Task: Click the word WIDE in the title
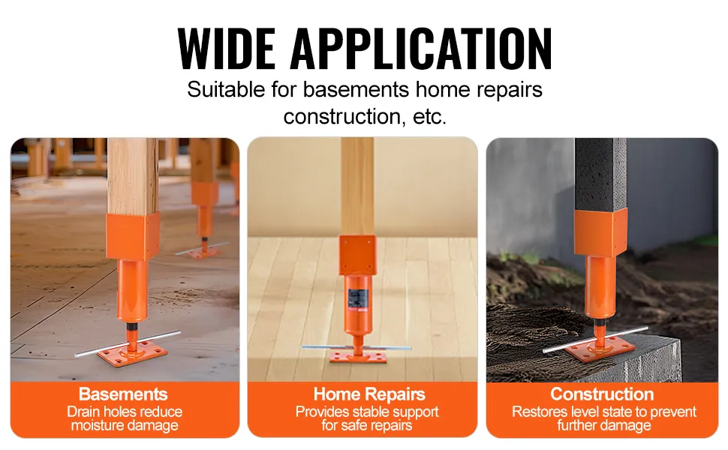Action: [227, 49]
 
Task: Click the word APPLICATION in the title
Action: [422, 49]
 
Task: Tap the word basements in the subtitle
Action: [356, 89]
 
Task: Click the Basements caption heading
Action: [123, 394]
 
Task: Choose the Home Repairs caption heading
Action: [369, 394]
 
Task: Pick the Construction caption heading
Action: [602, 394]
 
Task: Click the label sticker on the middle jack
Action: [359, 296]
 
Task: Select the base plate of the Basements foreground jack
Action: [132, 356]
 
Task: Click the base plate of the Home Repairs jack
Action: [358, 356]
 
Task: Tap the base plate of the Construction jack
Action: [600, 348]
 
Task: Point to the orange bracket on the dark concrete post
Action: [600, 232]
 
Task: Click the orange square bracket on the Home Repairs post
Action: [357, 256]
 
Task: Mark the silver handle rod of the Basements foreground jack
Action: [128, 343]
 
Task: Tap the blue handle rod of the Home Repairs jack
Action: [356, 347]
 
